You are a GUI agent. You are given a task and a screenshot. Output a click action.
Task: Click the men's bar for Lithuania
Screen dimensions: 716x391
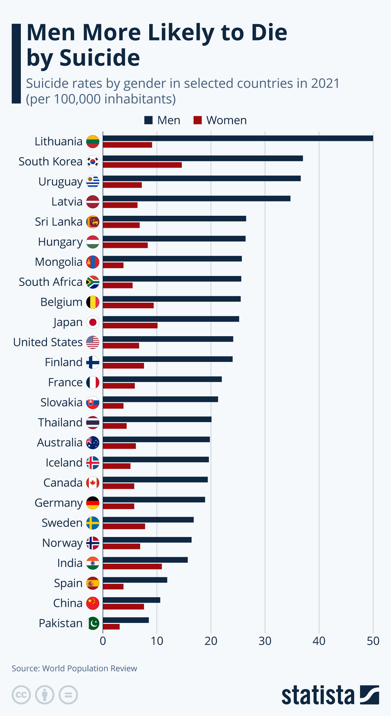tap(238, 138)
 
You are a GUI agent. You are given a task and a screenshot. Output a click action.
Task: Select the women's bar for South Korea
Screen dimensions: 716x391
tap(142, 165)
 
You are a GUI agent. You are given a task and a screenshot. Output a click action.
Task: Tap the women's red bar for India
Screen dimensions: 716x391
tap(132, 567)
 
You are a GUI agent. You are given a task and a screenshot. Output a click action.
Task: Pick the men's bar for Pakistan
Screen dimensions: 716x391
tap(126, 620)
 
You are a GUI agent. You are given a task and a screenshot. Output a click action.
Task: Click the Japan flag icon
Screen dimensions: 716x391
tap(93, 322)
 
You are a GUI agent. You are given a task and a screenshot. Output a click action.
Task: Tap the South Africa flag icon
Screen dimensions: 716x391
tap(93, 282)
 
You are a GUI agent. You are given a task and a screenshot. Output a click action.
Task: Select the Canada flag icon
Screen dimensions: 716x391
tap(93, 483)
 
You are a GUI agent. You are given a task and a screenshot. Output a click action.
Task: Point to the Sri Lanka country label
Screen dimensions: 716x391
tap(59, 222)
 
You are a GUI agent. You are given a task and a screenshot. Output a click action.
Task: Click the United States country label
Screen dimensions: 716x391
tap(48, 342)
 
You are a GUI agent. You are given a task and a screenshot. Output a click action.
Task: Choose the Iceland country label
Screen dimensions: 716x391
tap(64, 462)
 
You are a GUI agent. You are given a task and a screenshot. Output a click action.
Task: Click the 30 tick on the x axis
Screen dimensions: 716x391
tap(265, 641)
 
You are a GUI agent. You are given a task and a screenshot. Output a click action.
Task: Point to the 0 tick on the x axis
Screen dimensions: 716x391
tap(103, 641)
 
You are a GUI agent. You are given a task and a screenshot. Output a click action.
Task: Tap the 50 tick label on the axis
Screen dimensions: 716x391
tap(373, 641)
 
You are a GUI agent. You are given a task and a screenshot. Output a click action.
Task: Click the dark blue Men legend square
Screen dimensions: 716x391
tap(149, 120)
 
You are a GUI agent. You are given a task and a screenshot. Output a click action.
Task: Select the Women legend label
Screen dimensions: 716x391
tap(226, 120)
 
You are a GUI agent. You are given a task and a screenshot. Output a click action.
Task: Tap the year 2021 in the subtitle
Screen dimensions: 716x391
tap(325, 83)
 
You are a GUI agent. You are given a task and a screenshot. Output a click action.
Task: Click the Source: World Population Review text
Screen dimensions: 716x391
tap(74, 668)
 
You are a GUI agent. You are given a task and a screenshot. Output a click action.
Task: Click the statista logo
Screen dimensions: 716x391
tap(330, 695)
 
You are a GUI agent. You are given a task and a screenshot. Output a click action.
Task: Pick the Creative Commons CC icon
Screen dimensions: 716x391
tap(21, 695)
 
